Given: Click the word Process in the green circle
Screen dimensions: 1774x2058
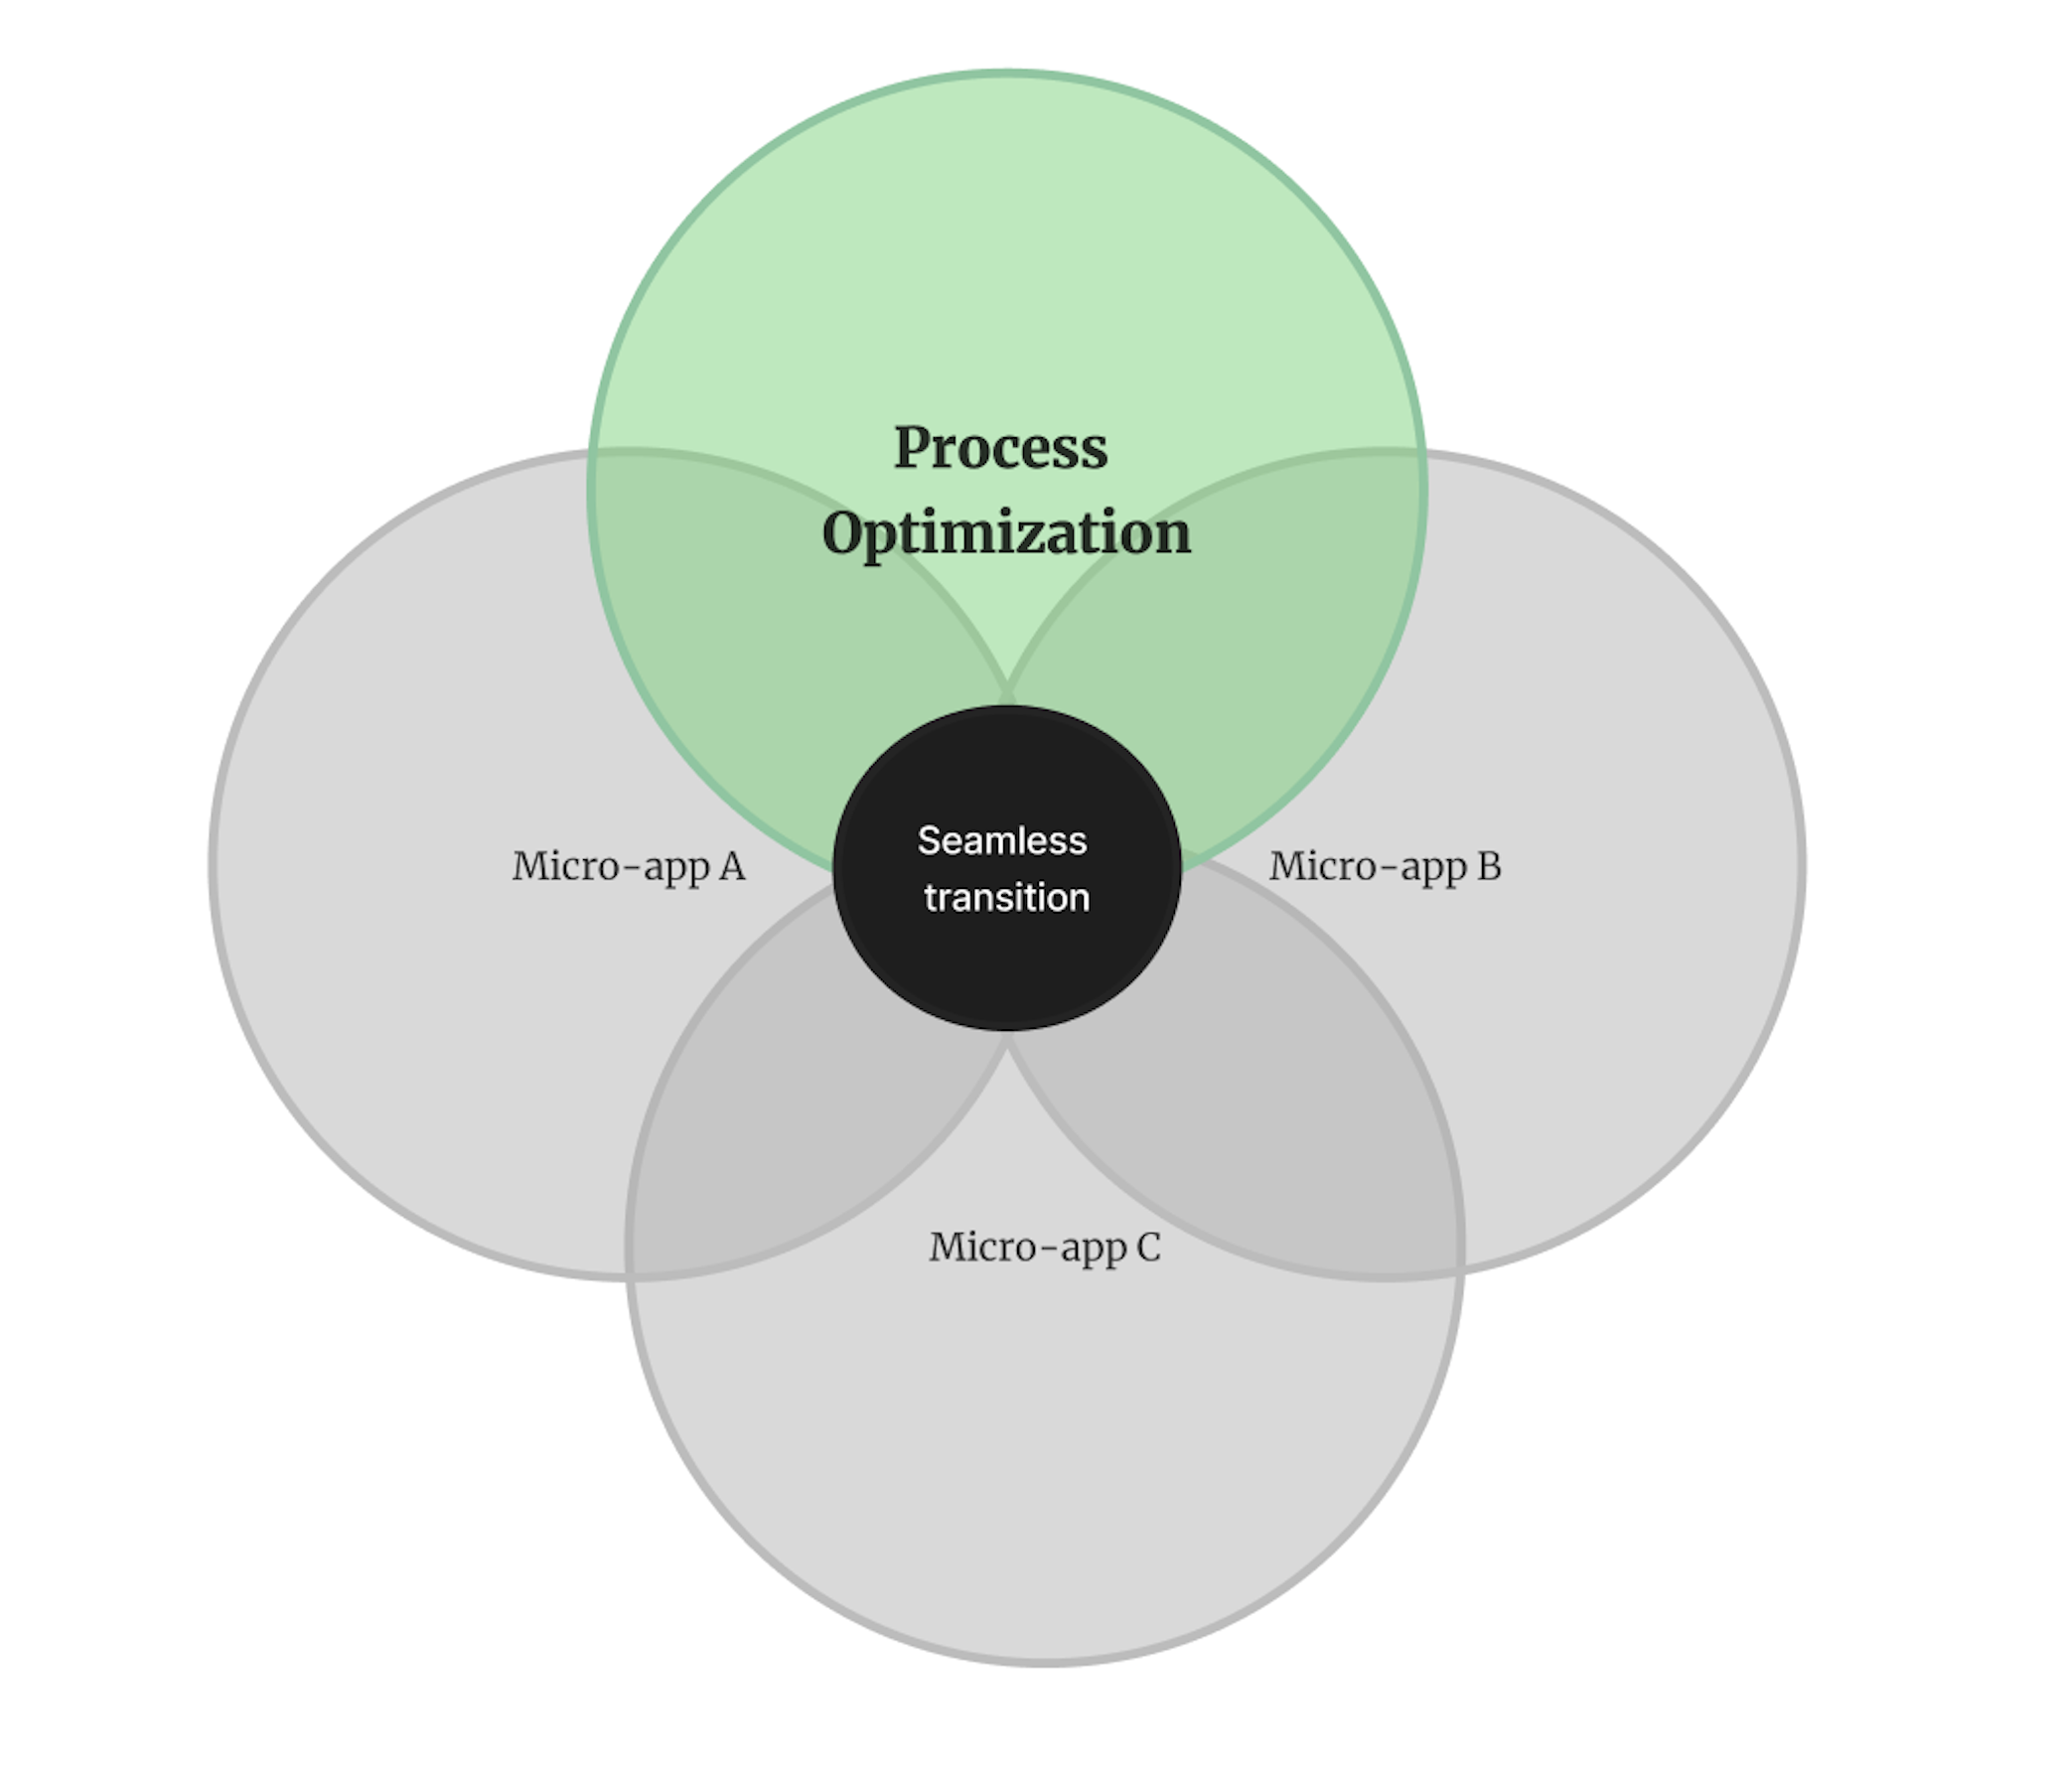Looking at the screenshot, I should (x=1000, y=448).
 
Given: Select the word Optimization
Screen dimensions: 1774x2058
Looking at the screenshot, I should (x=1006, y=533).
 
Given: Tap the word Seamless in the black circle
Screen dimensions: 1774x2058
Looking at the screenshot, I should (x=1001, y=841).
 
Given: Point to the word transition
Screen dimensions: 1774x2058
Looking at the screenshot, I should (x=1006, y=898).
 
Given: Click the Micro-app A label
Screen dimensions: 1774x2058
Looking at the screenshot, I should (x=628, y=866).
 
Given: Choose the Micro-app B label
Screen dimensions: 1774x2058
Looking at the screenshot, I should (x=1385, y=866).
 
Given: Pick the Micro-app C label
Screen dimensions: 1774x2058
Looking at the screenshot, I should (x=1045, y=1248).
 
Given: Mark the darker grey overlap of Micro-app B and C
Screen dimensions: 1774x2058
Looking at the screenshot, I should (x=1261, y=1122).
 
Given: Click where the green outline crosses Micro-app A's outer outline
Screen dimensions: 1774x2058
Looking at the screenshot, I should (x=594, y=453).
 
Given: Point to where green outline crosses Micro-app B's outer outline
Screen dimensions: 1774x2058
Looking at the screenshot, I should (x=1421, y=453).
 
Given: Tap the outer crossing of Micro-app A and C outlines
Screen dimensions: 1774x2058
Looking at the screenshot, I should (x=630, y=1274).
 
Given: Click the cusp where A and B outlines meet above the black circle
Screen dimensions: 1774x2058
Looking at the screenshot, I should (x=1007, y=685).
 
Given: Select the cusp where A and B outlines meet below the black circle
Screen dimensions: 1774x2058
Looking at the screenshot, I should (x=1007, y=1043).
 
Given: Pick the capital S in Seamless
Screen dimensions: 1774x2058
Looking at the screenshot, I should (x=928, y=841).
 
